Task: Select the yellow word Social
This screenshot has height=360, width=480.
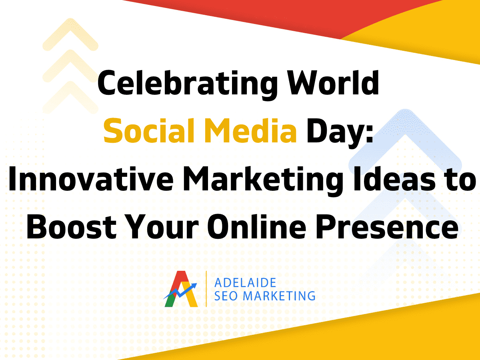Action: [x=149, y=130]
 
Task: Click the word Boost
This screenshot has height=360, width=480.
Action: [x=72, y=226]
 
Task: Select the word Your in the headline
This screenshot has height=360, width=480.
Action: [x=162, y=226]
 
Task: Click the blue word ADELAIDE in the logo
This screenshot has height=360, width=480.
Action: [x=245, y=283]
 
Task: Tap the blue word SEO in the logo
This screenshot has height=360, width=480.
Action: [x=226, y=296]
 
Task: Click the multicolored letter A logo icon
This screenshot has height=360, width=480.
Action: [x=181, y=289]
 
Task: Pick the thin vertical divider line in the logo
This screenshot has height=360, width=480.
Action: [x=206, y=289]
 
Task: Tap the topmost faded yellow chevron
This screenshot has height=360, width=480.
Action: [x=70, y=33]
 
